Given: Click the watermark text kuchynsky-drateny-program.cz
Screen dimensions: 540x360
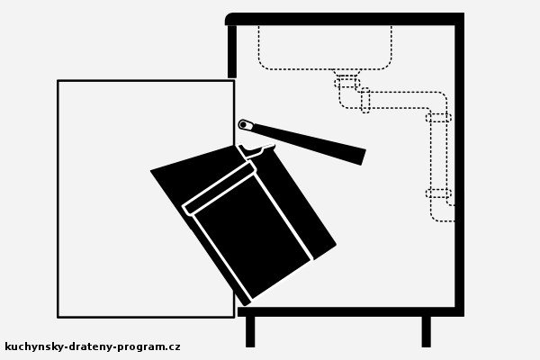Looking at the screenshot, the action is pyautogui.click(x=93, y=346).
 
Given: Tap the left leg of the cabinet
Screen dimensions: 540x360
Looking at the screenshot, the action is pyautogui.click(x=250, y=331).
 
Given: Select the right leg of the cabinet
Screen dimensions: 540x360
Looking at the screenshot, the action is pyautogui.click(x=427, y=331).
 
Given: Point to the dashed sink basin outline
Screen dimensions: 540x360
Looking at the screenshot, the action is pyautogui.click(x=325, y=69).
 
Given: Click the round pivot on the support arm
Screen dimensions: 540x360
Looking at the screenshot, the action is pyautogui.click(x=244, y=124).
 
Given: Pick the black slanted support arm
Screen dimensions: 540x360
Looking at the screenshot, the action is pyautogui.click(x=302, y=141).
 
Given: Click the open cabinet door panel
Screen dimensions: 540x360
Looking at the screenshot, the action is pyautogui.click(x=146, y=199).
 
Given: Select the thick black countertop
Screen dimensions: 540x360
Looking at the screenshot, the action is pyautogui.click(x=345, y=19).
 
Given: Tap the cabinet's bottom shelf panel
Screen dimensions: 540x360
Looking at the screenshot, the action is pyautogui.click(x=351, y=311).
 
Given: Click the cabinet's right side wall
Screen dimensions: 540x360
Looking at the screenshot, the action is pyautogui.click(x=459, y=166).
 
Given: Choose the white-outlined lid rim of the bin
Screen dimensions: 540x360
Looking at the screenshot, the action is pyautogui.click(x=220, y=188).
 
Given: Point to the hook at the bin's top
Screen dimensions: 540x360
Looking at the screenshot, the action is pyautogui.click(x=256, y=151).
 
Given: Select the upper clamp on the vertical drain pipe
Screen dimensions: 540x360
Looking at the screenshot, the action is pyautogui.click(x=438, y=118).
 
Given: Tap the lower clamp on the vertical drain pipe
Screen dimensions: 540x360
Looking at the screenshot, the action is pyautogui.click(x=438, y=193).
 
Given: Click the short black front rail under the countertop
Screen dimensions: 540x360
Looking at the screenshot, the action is pyautogui.click(x=232, y=51).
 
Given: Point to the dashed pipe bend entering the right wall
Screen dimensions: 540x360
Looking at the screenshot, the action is pyautogui.click(x=443, y=212).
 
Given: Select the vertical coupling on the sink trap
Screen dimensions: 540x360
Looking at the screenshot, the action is pyautogui.click(x=365, y=100).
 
